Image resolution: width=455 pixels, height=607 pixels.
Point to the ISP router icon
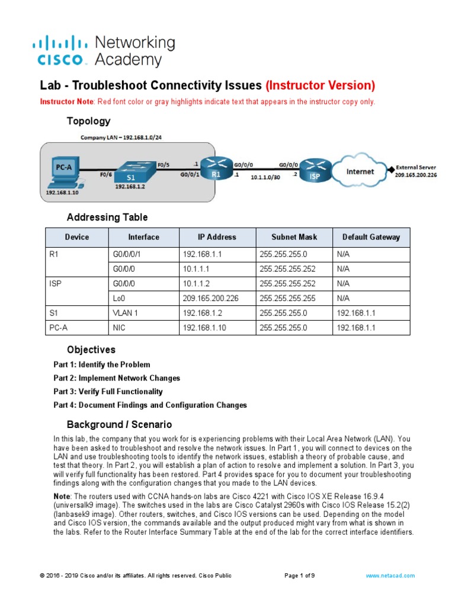[315, 170]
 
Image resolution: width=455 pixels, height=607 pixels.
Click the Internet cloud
[360, 171]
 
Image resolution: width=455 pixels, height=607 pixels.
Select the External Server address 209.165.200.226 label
[415, 175]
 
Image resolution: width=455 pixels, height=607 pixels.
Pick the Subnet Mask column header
[294, 237]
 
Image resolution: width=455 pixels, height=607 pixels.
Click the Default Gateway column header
[371, 237]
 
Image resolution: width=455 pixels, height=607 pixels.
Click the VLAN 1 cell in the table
[125, 313]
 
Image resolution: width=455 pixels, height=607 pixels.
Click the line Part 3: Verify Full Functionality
[108, 392]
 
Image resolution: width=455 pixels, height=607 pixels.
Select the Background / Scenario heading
[119, 424]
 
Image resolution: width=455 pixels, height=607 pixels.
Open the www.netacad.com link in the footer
[390, 576]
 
